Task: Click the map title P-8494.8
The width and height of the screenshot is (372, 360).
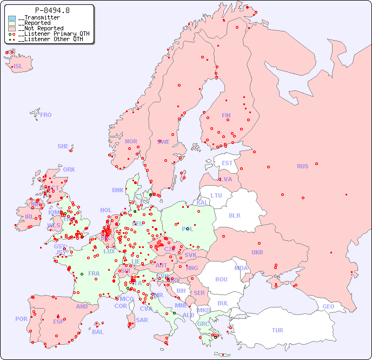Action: click(x=52, y=10)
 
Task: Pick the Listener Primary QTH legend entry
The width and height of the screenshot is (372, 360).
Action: click(x=50, y=34)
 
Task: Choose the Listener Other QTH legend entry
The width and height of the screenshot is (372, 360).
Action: click(x=49, y=39)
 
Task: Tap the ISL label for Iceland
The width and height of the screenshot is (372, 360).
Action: click(x=18, y=67)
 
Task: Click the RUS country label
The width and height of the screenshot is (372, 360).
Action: click(x=302, y=166)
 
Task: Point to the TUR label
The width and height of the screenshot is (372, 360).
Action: click(x=277, y=330)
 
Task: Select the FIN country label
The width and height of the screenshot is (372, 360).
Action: click(x=226, y=115)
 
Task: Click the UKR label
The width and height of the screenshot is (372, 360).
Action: click(x=257, y=252)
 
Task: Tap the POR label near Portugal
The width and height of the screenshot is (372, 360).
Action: click(x=21, y=319)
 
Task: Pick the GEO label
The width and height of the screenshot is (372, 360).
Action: click(x=328, y=306)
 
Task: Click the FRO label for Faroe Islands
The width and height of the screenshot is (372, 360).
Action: click(x=46, y=115)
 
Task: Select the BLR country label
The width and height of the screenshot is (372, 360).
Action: click(x=234, y=215)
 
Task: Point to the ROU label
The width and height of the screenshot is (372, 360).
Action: click(x=221, y=279)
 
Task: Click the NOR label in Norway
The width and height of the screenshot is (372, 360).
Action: click(x=131, y=141)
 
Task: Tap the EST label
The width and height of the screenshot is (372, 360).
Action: click(x=227, y=163)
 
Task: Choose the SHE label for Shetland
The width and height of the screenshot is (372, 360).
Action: click(x=63, y=146)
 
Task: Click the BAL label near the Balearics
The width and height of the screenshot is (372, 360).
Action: click(x=98, y=332)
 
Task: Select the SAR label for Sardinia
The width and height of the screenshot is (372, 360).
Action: click(x=142, y=320)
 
